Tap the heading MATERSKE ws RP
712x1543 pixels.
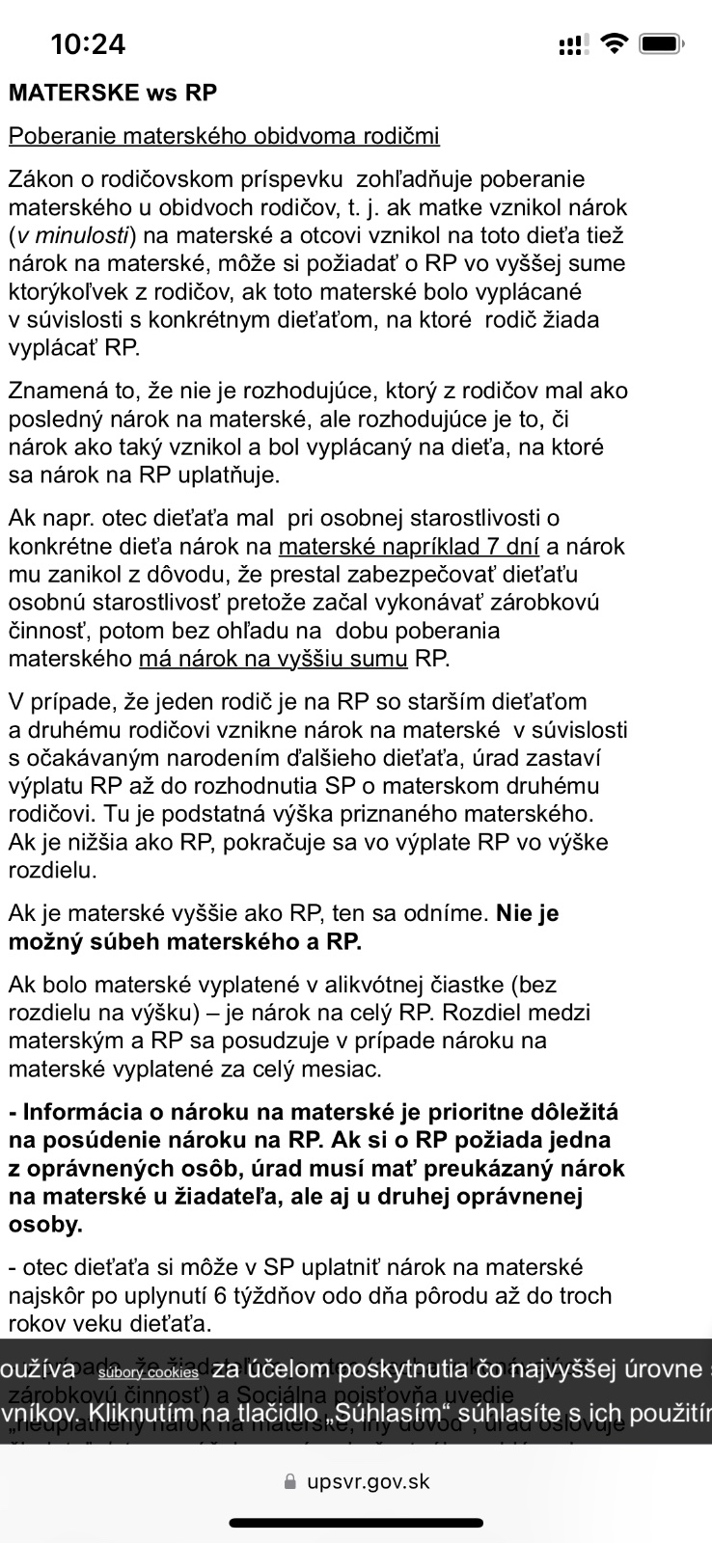[x=113, y=93]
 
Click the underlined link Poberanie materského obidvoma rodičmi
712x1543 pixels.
[x=224, y=136]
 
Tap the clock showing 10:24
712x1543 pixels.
[x=88, y=43]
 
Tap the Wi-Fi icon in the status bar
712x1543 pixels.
[x=612, y=43]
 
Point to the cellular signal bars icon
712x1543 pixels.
[x=572, y=44]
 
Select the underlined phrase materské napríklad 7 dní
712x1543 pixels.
[x=408, y=547]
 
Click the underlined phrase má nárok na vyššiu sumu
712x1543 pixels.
[x=273, y=660]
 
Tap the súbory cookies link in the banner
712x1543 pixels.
[x=149, y=1372]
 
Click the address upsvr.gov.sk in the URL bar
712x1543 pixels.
[x=369, y=1481]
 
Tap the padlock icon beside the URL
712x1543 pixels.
[x=290, y=1482]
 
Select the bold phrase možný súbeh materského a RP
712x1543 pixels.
[x=185, y=941]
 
